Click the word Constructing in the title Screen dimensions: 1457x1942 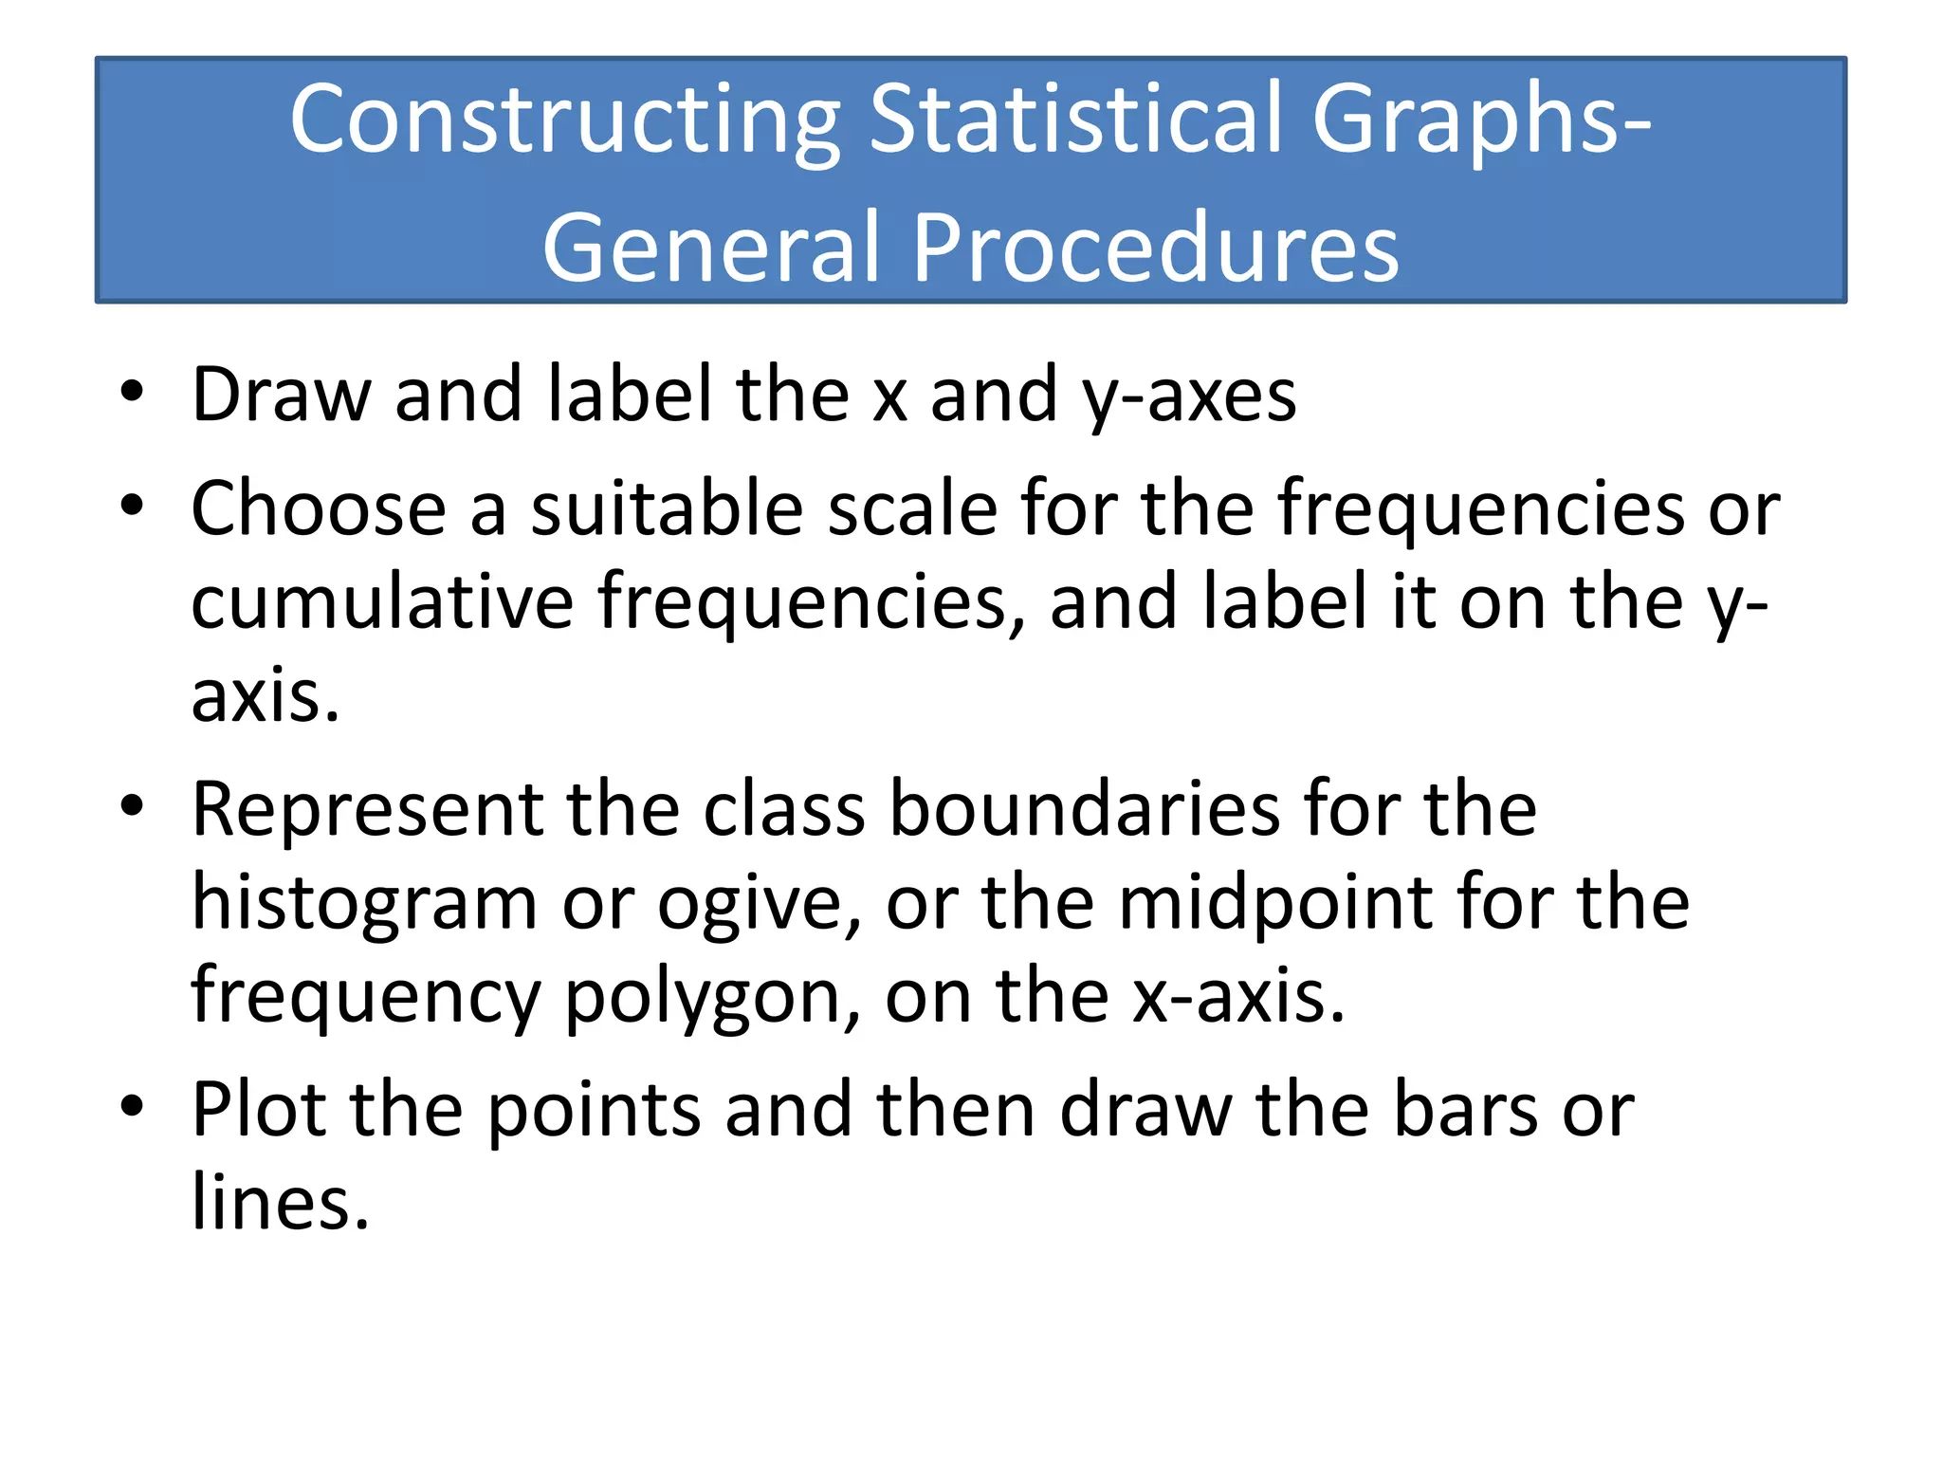pyautogui.click(x=565, y=120)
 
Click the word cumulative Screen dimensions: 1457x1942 pyautogui.click(x=382, y=602)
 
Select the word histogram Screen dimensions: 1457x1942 pyautogui.click(x=365, y=906)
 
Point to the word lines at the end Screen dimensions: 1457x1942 pyautogui.click(x=280, y=1202)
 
